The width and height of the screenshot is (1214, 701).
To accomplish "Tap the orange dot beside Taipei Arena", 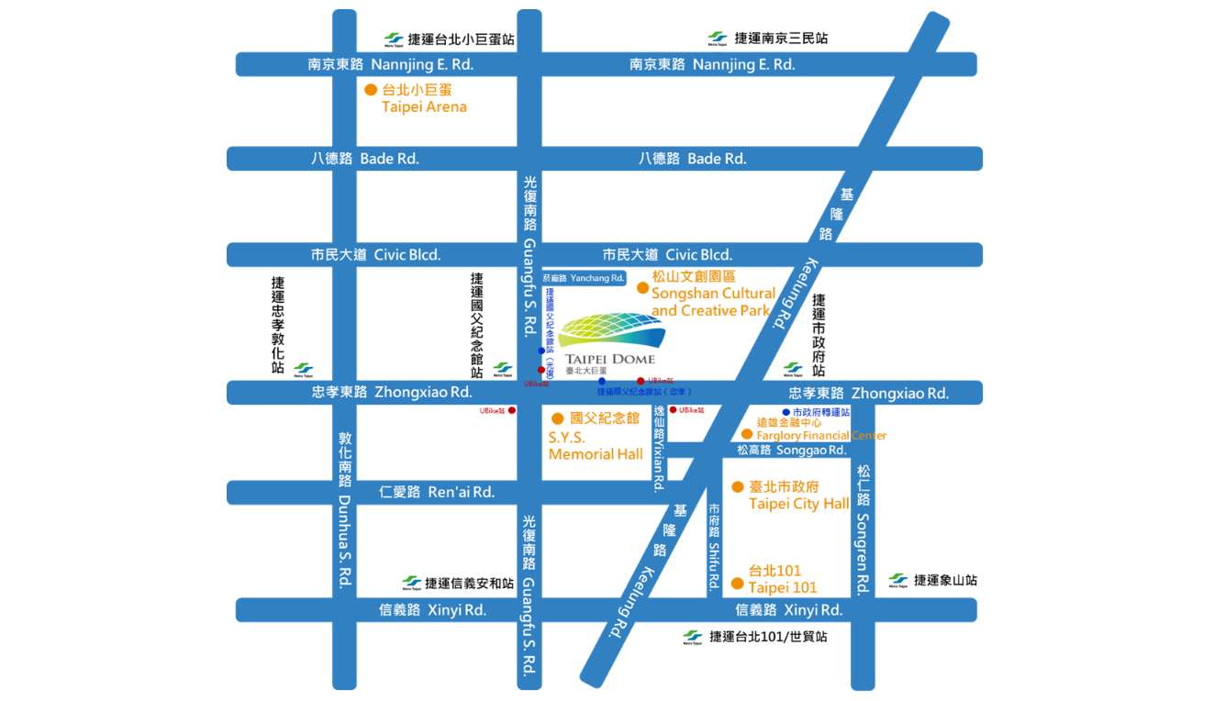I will tap(371, 90).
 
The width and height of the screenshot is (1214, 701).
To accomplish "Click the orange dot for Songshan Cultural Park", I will tap(642, 287).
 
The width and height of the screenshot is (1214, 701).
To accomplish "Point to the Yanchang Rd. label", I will tap(583, 277).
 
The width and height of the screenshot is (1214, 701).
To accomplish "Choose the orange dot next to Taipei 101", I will tap(736, 584).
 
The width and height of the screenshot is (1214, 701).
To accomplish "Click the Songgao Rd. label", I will tap(791, 451).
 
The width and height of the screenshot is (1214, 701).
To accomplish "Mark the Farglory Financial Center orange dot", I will tap(747, 434).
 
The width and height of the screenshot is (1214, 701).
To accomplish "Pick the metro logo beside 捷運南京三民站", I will tap(717, 39).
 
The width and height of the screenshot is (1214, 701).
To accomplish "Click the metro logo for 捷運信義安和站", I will tap(412, 584).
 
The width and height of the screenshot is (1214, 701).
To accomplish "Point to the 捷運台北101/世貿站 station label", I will tap(767, 636).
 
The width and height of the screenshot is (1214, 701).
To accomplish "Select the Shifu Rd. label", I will tap(714, 546).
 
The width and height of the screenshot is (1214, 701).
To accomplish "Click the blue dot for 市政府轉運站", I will tap(786, 412).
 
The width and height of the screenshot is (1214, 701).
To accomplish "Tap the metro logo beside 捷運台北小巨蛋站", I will tap(394, 39).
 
